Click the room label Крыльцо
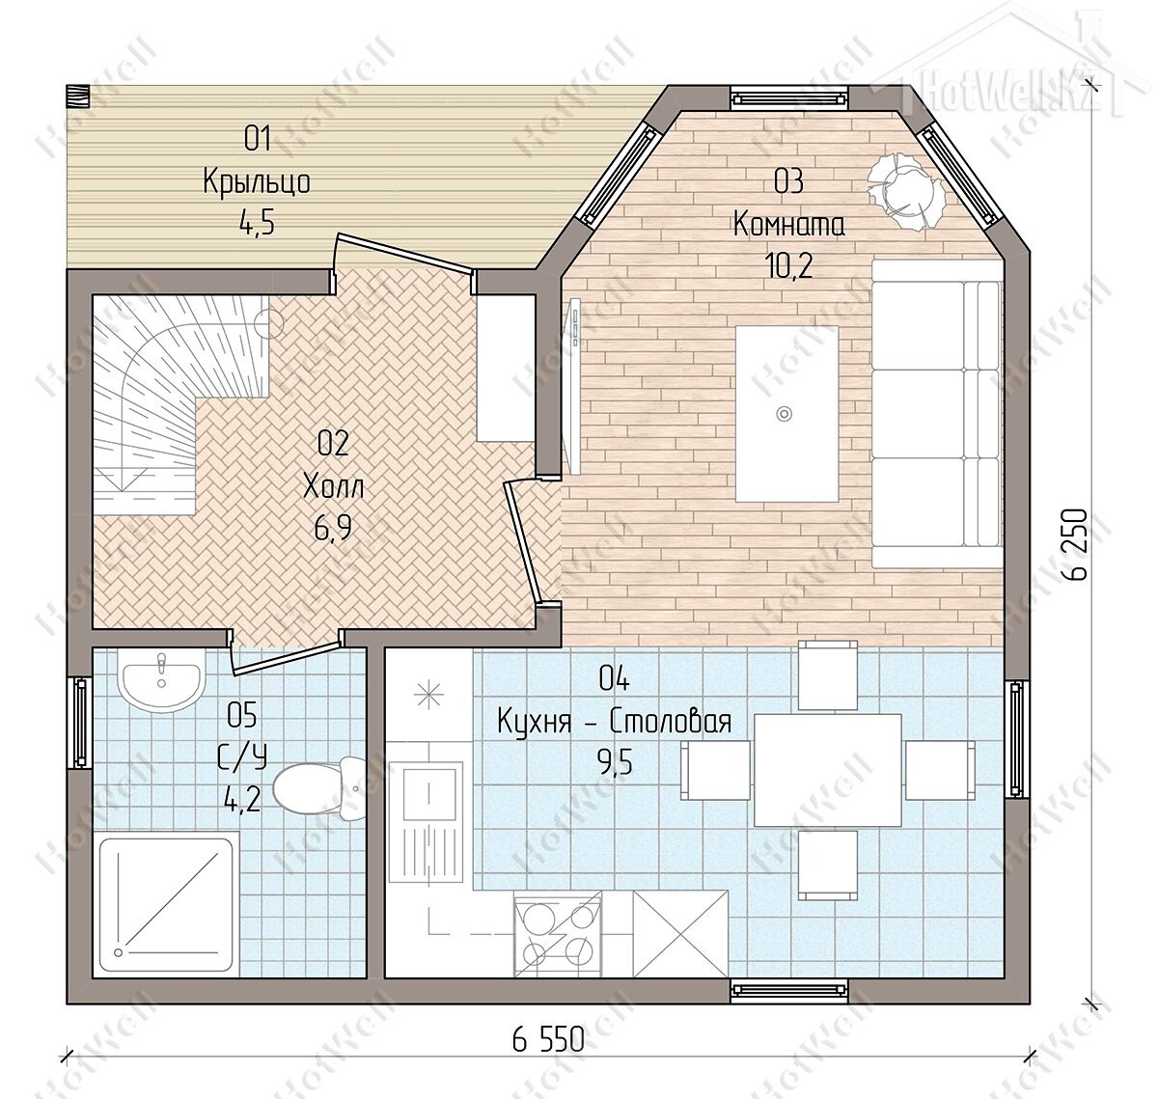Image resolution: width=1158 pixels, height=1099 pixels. coord(257,181)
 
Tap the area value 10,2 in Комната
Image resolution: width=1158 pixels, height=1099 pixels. coord(788,267)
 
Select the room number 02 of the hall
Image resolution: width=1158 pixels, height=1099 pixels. coord(333,444)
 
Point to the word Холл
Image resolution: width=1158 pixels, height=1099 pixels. coord(333,486)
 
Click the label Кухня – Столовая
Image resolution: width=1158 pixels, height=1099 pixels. coord(615,722)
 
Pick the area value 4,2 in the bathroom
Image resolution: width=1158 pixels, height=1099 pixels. coord(242,801)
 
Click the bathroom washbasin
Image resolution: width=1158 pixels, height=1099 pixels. coord(161,681)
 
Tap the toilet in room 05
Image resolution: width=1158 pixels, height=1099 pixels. coord(319,788)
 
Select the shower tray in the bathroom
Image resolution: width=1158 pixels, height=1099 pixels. coord(166,903)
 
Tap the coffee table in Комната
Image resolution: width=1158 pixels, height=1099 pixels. coord(786,413)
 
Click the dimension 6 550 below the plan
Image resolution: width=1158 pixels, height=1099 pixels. coord(548,1040)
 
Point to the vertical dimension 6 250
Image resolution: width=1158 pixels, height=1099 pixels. coord(1075,544)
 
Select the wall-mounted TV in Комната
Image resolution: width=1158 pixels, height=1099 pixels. coord(573,386)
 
